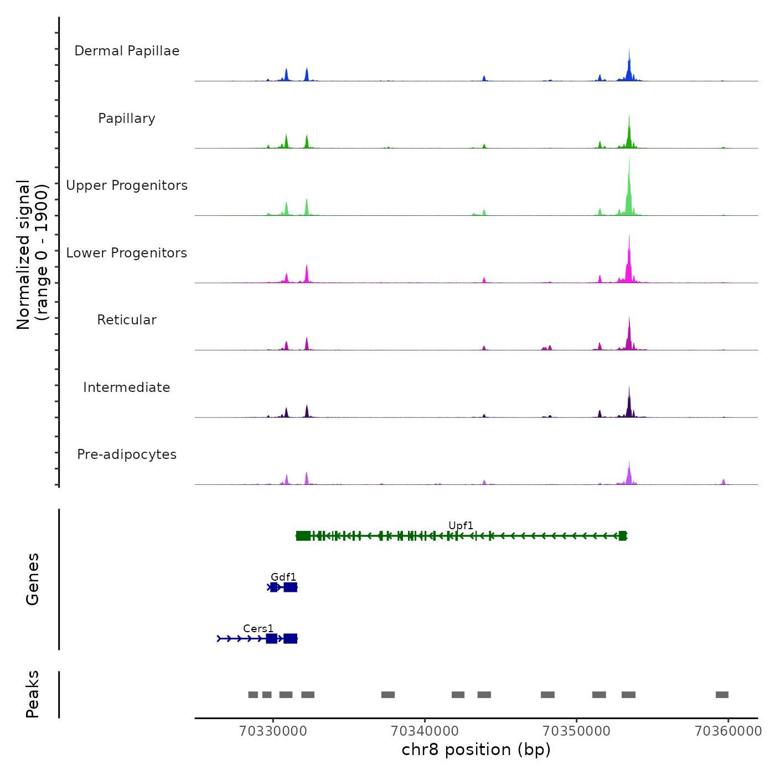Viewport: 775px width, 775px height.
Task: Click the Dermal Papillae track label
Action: [127, 51]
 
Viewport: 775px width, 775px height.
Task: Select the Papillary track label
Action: [127, 118]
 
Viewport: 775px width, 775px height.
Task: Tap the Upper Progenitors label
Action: [127, 185]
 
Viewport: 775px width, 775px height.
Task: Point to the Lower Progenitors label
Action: [127, 253]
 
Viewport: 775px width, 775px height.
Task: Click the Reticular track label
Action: [127, 320]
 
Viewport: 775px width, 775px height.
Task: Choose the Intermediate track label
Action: [127, 387]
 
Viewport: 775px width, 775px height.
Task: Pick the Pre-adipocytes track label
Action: [127, 454]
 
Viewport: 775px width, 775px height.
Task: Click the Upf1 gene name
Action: [461, 525]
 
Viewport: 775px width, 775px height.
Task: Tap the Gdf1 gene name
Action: [283, 577]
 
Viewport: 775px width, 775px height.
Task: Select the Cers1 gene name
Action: [259, 628]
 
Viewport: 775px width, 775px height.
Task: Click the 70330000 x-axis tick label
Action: [273, 731]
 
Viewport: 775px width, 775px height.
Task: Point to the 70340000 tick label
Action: [425, 731]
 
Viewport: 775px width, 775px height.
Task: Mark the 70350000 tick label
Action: [577, 731]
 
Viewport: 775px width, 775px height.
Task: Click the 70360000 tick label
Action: [728, 731]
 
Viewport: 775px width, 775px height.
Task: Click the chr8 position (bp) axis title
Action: [476, 750]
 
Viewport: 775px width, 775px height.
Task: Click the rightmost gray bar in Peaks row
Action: [722, 695]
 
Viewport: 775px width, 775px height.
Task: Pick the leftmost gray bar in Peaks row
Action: [253, 695]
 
